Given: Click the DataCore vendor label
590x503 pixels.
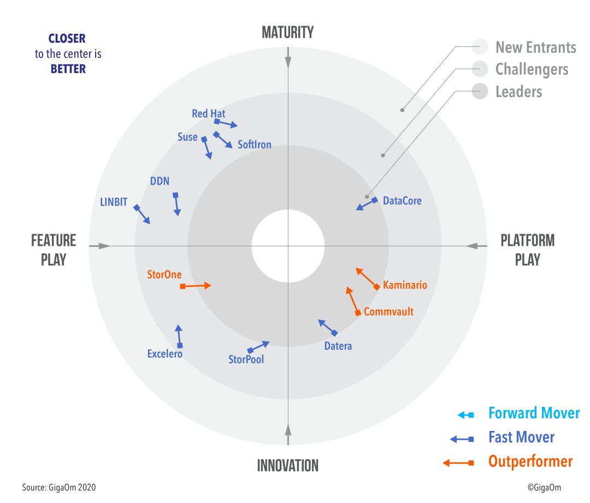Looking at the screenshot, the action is click(x=402, y=200).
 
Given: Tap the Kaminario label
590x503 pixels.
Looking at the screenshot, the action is click(x=405, y=285).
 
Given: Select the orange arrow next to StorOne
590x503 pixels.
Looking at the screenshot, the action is click(x=196, y=286).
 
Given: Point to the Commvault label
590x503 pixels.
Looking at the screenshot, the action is click(x=389, y=311).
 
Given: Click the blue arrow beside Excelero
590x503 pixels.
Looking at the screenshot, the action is click(x=179, y=336).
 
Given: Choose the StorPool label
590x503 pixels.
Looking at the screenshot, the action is click(x=246, y=359).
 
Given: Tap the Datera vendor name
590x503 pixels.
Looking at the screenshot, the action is click(x=338, y=346).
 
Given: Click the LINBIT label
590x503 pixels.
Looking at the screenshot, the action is click(x=114, y=202).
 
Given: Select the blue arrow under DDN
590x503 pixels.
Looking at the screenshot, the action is click(x=176, y=204).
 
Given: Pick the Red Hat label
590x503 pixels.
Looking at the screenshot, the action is click(x=209, y=113).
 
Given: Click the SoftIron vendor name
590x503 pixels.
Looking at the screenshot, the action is click(x=255, y=145).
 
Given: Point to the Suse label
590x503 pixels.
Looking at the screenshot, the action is click(x=187, y=137).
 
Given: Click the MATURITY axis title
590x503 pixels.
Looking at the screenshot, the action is click(x=288, y=32).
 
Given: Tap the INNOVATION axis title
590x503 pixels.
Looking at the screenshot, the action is click(x=288, y=465).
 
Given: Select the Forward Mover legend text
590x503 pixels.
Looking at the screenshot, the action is click(x=534, y=413).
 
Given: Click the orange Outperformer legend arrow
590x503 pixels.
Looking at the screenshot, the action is click(x=458, y=463).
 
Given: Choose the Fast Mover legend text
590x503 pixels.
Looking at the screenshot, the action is click(x=522, y=437).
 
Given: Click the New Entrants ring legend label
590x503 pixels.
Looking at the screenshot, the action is click(x=536, y=48).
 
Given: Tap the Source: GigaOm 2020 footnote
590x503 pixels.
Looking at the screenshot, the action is click(x=59, y=488).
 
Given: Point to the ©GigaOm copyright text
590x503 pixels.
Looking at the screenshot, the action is click(x=544, y=488).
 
